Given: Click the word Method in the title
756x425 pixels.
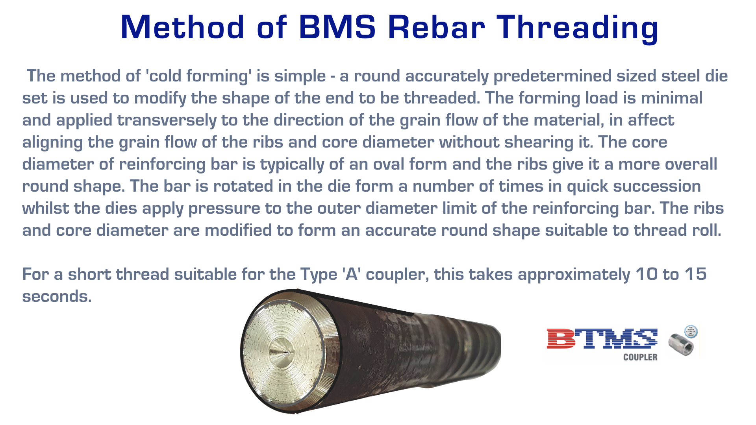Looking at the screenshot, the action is pos(182,27).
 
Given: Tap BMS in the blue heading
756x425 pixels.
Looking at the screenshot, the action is pos(337,27).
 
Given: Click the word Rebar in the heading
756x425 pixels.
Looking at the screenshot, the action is pos(436,27).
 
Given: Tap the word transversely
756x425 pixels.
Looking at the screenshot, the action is pos(167,120).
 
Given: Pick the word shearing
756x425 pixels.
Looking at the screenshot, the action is pos(539,142).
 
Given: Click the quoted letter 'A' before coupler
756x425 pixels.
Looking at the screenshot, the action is pos(352,274).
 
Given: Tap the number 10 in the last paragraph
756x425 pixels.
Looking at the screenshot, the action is pos(647,274).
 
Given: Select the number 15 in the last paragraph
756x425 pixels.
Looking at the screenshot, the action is pos(695,274).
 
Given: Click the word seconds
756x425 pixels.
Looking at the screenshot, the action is pos(57,296).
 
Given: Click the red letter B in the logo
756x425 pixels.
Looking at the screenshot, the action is pos(562,338).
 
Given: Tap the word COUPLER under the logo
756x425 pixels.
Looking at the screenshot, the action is pos(640,357).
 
